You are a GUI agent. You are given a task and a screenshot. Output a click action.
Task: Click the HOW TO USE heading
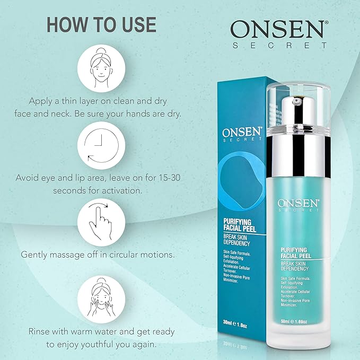[x=101, y=24]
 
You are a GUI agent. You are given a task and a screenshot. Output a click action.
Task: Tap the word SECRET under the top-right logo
[x=280, y=46]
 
